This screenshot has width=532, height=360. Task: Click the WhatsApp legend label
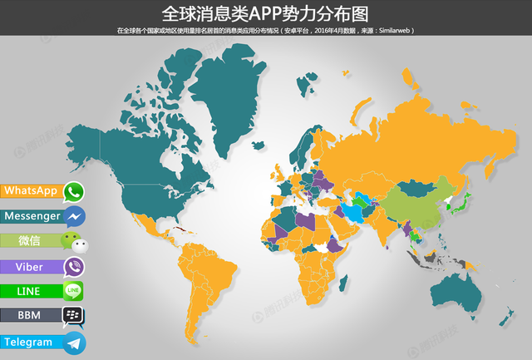(31, 191)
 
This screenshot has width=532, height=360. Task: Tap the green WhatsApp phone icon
(74, 192)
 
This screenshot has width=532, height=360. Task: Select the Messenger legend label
(32, 216)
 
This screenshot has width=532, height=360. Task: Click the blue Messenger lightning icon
(74, 217)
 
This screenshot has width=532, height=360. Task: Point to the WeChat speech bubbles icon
(74, 243)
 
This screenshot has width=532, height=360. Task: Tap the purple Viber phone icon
(74, 268)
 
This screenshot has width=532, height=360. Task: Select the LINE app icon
(74, 292)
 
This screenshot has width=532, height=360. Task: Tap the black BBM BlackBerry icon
(74, 317)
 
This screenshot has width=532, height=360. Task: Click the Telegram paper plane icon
(74, 343)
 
